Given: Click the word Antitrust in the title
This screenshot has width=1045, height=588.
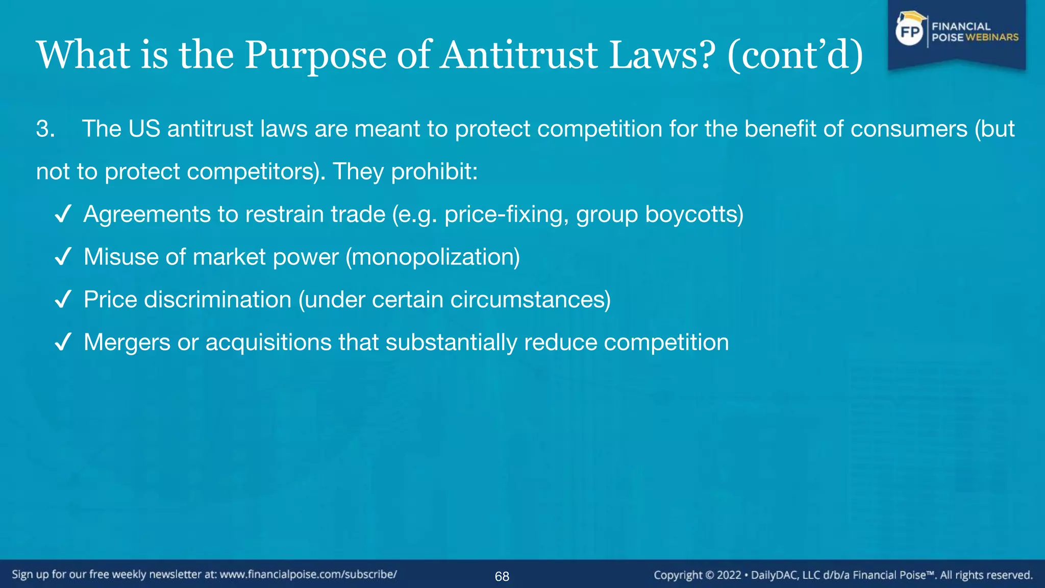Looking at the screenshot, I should tap(519, 55).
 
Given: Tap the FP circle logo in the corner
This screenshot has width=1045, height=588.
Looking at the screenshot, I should tap(910, 32).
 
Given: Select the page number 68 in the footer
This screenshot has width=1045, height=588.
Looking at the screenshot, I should tap(502, 576).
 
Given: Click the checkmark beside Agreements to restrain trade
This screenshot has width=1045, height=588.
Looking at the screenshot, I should tap(63, 214).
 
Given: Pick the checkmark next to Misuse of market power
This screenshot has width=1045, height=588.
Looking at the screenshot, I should tap(63, 257).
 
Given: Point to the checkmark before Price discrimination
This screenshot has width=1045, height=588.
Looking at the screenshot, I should tap(63, 300).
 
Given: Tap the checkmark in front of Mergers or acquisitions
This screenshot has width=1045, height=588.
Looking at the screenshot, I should tap(63, 342).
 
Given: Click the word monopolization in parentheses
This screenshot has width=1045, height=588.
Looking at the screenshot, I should tap(433, 257).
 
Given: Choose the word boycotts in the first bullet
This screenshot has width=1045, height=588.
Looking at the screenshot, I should tap(692, 214).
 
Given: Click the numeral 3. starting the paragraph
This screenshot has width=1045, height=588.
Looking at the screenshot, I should tap(45, 129).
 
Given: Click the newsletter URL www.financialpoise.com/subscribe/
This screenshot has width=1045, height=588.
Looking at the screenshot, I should tap(308, 574).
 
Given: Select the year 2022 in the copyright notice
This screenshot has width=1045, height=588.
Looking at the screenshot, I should tap(729, 575).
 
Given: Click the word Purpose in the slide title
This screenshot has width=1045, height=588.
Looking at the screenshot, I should tap(315, 55).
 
